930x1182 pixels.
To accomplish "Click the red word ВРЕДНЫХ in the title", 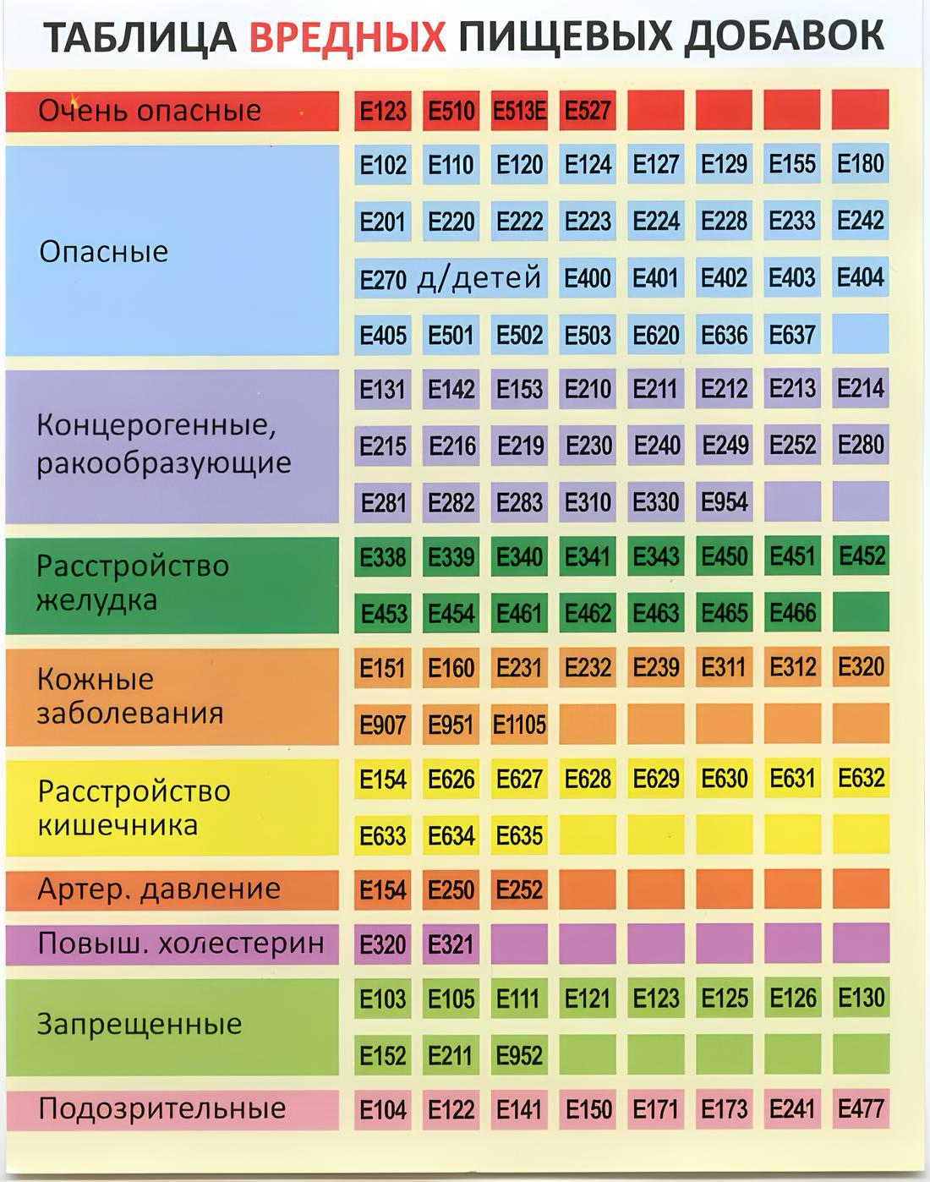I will point(347,36).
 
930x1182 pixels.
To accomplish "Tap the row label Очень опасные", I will point(150,111).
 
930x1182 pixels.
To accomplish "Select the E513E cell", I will point(519,111).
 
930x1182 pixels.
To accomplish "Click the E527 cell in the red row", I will point(587,111).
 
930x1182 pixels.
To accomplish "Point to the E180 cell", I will point(860,164).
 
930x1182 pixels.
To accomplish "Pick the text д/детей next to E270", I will point(479,277).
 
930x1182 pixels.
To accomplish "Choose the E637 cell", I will point(791,335).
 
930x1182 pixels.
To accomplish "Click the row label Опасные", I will point(104,251).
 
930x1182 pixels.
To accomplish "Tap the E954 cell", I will point(724,502).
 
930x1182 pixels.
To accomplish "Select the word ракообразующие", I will point(163,463).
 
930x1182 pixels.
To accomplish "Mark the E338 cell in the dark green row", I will point(383,557).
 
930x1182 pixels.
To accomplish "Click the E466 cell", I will point(792,613).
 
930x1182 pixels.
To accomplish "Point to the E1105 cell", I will point(519,725).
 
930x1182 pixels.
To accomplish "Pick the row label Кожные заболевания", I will point(129,696).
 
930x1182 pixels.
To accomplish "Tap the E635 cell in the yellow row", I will point(519,835).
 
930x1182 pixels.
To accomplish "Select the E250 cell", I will point(451,890).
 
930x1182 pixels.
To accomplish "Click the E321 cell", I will point(451,944).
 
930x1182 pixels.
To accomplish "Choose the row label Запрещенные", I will point(139,1025).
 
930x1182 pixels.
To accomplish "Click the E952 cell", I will point(519,1055).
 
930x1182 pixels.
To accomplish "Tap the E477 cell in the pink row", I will point(861,1108).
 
